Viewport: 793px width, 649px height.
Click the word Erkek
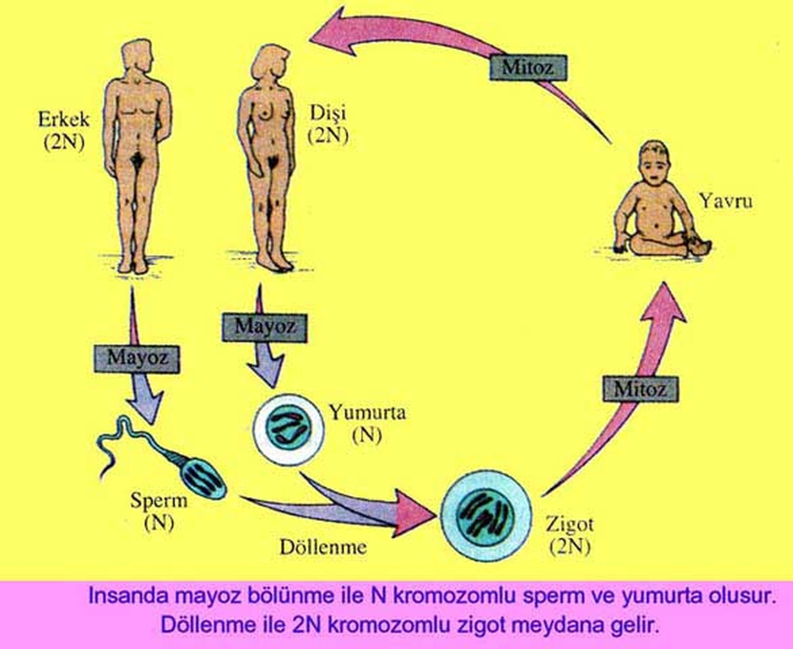tap(64, 120)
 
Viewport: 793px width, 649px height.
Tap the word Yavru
tap(725, 201)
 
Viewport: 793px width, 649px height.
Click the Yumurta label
tap(368, 413)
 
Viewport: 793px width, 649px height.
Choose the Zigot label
tap(570, 525)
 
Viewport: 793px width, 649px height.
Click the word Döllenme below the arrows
tap(323, 548)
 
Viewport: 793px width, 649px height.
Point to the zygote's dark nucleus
tap(485, 515)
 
